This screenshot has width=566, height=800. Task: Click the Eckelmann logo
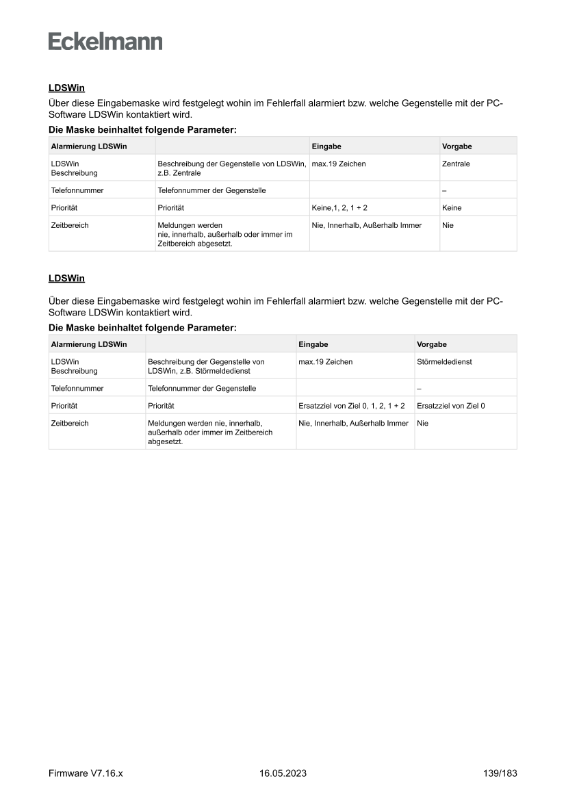click(105, 41)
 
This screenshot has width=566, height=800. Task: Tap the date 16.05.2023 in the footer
click(283, 773)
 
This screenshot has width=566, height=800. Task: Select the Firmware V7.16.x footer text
click(86, 773)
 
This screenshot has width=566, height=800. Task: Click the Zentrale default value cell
click(456, 164)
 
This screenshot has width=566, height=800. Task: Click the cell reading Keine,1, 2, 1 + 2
click(344, 207)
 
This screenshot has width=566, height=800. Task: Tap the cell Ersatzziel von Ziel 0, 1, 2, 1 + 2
click(352, 406)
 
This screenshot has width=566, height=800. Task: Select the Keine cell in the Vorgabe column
click(452, 207)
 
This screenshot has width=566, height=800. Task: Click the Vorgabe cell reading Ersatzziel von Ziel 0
click(450, 406)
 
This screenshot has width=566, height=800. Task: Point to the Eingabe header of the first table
click(326, 146)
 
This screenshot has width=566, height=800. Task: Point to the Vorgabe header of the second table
click(431, 344)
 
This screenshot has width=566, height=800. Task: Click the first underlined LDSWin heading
click(66, 88)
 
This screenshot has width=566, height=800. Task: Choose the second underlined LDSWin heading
click(66, 279)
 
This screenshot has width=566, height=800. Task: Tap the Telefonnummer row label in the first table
click(77, 190)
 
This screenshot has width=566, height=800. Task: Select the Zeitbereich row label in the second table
click(70, 424)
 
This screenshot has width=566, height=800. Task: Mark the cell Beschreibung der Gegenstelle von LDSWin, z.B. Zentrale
click(231, 168)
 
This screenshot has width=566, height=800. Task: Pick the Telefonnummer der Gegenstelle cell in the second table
click(202, 388)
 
